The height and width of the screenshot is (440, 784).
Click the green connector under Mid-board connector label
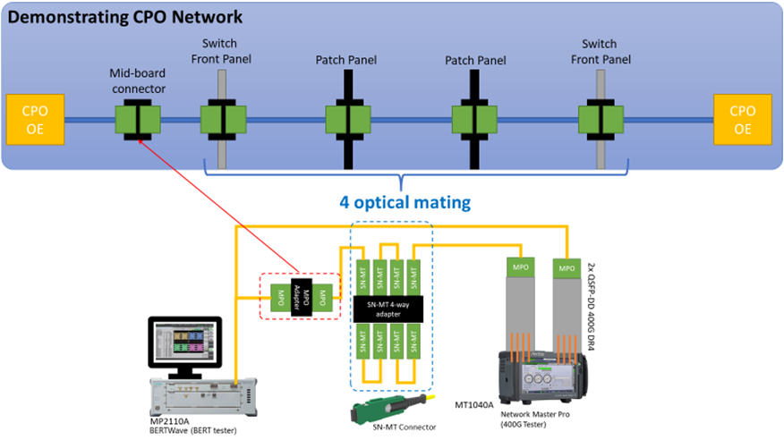pos(137,120)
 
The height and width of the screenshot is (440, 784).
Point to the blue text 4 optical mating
pos(405,202)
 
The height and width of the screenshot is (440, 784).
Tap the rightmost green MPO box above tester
pos(566,267)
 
